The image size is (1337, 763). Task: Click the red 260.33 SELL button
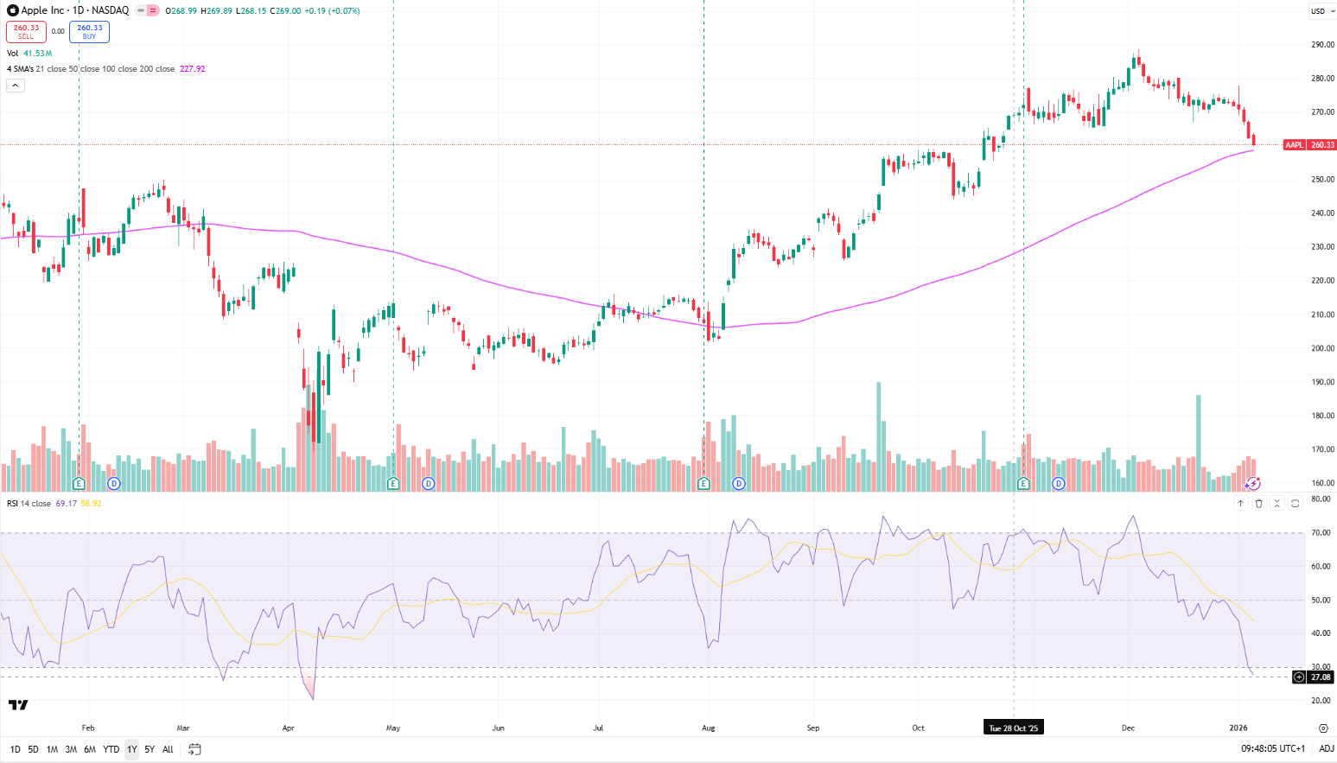26,32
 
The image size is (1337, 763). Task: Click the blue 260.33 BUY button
89,32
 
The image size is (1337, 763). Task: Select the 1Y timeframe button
131,749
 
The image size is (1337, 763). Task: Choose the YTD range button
111,749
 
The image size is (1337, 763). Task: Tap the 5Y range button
150,749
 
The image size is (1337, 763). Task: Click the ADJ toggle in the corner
1326,748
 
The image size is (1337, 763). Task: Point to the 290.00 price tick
1322,45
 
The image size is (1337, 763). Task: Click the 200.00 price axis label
1322,348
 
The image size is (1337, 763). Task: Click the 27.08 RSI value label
1320,677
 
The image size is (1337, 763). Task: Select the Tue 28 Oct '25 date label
1013,728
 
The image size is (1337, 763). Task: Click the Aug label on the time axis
708,728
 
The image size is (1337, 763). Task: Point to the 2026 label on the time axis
1238,728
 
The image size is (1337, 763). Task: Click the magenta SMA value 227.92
192,69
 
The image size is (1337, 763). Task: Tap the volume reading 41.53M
37,54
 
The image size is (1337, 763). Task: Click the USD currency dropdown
1321,11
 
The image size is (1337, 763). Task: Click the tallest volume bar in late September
879,432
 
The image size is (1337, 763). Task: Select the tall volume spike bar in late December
1198,441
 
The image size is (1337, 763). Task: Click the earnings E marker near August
704,484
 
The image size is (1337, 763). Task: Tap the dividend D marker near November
1058,484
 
